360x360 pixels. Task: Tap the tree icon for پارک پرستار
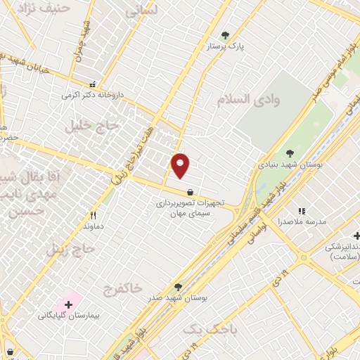point(225,35)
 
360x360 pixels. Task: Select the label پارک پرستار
point(229,46)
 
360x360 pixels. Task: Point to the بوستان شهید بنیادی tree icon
point(290,154)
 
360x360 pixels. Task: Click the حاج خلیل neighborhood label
point(89,126)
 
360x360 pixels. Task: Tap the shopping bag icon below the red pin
point(190,192)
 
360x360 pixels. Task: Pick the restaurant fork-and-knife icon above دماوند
point(92,216)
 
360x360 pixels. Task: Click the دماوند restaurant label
point(94,226)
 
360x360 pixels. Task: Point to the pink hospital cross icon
point(68,304)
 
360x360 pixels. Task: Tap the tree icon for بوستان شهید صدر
point(178,287)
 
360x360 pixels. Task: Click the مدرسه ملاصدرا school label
point(303,221)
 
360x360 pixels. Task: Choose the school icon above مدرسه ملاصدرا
point(302,210)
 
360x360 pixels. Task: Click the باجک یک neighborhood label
point(211,328)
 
